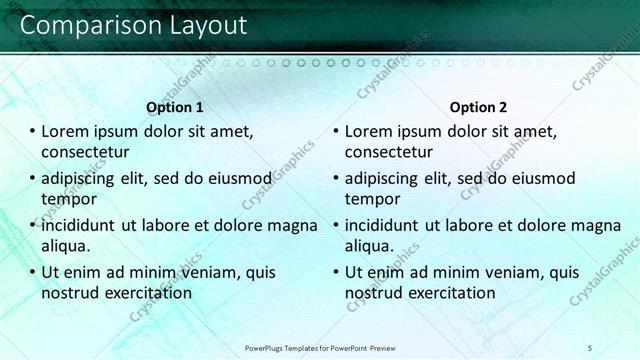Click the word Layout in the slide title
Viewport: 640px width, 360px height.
click(201, 26)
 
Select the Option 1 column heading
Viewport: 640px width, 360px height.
click(175, 107)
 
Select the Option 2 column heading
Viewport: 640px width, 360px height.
click(478, 107)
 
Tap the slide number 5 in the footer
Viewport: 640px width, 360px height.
click(590, 347)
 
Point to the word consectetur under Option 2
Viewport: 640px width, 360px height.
click(389, 152)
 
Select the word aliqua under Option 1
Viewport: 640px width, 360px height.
click(65, 246)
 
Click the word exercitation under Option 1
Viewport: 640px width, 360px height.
click(142, 293)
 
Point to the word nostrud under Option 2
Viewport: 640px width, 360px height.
click(375, 293)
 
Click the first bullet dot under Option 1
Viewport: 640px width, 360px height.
click(32, 131)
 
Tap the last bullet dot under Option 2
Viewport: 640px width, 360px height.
click(336, 272)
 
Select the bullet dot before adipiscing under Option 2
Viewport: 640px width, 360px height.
click(336, 178)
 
